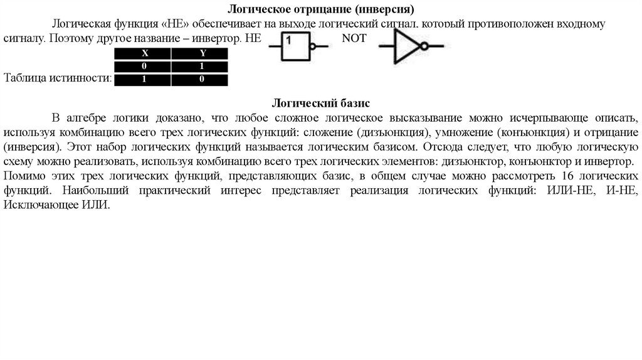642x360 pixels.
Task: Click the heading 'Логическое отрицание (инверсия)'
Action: click(320, 10)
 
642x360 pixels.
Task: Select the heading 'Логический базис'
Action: click(320, 102)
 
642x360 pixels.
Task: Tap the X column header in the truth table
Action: click(144, 53)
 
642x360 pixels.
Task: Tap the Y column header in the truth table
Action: click(202, 53)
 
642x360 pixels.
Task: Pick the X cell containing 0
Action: click(144, 66)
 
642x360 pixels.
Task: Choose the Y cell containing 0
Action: click(202, 80)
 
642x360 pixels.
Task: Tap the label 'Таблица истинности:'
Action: click(57, 78)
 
